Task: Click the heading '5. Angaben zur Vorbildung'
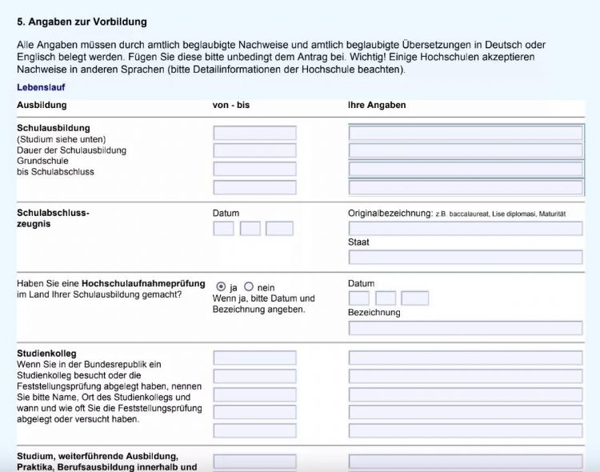[82, 22]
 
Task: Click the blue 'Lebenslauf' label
[41, 87]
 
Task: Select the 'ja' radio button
[221, 286]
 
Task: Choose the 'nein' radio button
[249, 286]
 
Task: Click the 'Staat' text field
[466, 257]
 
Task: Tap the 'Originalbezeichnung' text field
[466, 228]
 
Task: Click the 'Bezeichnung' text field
[466, 327]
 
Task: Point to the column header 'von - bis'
[231, 105]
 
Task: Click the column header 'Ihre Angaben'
[377, 105]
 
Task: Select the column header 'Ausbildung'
[42, 105]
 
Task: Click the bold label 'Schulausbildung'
[54, 128]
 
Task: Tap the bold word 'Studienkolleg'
[46, 353]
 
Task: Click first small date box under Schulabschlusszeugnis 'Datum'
[224, 228]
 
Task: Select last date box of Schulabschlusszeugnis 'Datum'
[279, 228]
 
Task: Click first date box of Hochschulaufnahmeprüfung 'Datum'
[359, 298]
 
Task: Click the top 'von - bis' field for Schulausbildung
[254, 133]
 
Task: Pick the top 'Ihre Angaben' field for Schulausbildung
[466, 133]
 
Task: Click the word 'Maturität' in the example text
[552, 214]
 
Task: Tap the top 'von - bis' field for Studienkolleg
[254, 358]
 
